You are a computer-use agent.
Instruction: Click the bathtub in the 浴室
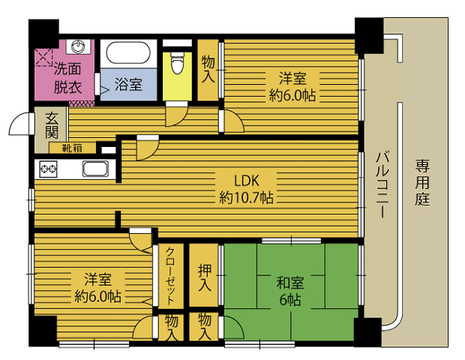128,52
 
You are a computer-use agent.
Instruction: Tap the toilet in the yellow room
178,62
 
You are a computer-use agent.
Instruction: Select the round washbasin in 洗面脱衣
78,46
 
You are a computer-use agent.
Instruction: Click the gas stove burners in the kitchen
48,169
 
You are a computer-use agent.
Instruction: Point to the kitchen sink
95,169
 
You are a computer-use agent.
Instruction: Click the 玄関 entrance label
52,126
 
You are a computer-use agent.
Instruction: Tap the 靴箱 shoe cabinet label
72,148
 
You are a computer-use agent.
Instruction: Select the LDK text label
247,180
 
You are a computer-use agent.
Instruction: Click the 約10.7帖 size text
246,197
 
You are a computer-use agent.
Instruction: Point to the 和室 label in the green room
290,282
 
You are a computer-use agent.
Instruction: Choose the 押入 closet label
205,277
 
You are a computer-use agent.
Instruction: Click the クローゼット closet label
170,275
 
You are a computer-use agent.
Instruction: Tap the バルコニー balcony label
382,184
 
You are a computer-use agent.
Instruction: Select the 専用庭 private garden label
422,182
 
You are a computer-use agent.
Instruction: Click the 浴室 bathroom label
128,84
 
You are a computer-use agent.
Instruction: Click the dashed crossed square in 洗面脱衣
43,57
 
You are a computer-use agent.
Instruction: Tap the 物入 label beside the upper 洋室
208,70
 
